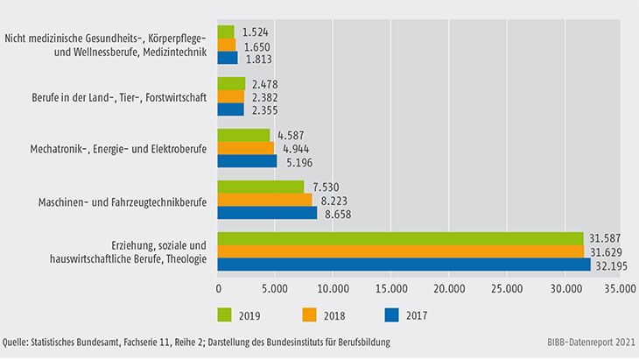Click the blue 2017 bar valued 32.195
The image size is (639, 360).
404,265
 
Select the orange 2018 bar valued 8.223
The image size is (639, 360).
265,200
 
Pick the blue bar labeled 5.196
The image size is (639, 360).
247,161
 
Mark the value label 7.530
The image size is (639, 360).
324,187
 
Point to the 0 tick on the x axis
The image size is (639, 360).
218,286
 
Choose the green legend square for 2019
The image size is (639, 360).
224,313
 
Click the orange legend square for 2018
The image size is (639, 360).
309,313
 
